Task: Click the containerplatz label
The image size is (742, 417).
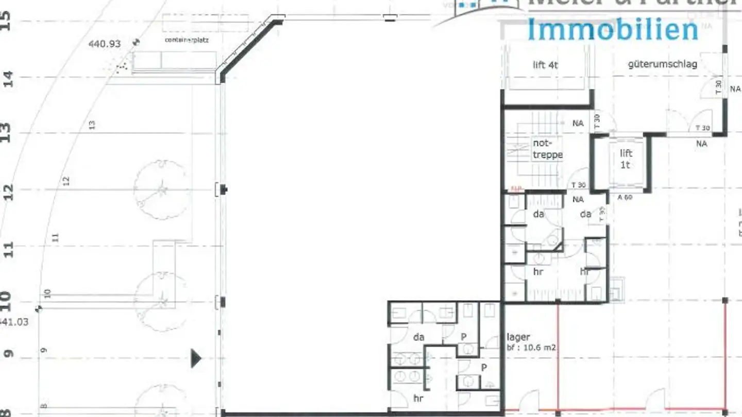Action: pos(187,40)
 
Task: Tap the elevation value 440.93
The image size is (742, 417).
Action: pos(105,44)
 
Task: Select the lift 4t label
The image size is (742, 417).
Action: pos(545,65)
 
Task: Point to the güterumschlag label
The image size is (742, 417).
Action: pos(662,64)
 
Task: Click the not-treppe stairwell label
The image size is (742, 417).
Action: pos(547,149)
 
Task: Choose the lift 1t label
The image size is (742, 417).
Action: pos(626,159)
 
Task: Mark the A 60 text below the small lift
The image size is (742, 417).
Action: pos(625,197)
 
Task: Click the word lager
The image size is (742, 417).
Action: pos(518,337)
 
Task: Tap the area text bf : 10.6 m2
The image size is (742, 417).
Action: pos(531,348)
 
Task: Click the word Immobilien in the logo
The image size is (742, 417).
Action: pos(612,29)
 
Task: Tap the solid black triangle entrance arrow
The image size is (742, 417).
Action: pos(196,358)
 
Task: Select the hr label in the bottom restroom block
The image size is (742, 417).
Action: pos(418,398)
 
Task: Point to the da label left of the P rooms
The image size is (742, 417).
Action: pos(418,337)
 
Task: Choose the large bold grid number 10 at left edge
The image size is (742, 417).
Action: pos(6,300)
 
